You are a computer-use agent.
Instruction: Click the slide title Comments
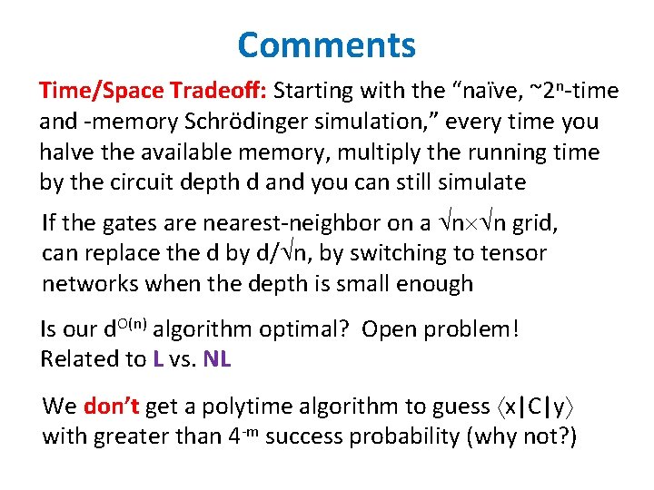[x=327, y=44]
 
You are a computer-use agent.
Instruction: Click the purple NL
[x=217, y=359]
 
